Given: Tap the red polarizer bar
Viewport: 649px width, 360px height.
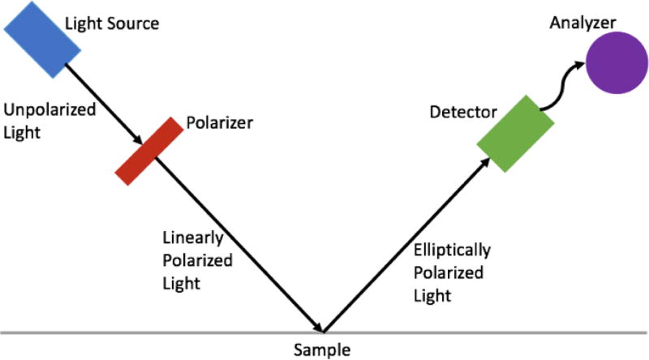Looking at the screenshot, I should pyautogui.click(x=148, y=150).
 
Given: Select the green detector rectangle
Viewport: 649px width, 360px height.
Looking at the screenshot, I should pyautogui.click(x=515, y=132).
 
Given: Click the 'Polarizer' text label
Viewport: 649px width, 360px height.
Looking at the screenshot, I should pyautogui.click(x=220, y=123).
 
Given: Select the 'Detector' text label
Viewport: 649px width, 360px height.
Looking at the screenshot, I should pyautogui.click(x=463, y=109).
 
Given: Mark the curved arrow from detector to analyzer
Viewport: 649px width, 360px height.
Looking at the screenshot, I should pyautogui.click(x=560, y=85).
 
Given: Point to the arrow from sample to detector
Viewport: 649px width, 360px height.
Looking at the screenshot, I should pyautogui.click(x=406, y=243).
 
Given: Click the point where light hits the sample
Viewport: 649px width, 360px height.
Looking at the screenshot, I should pyautogui.click(x=324, y=332).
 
